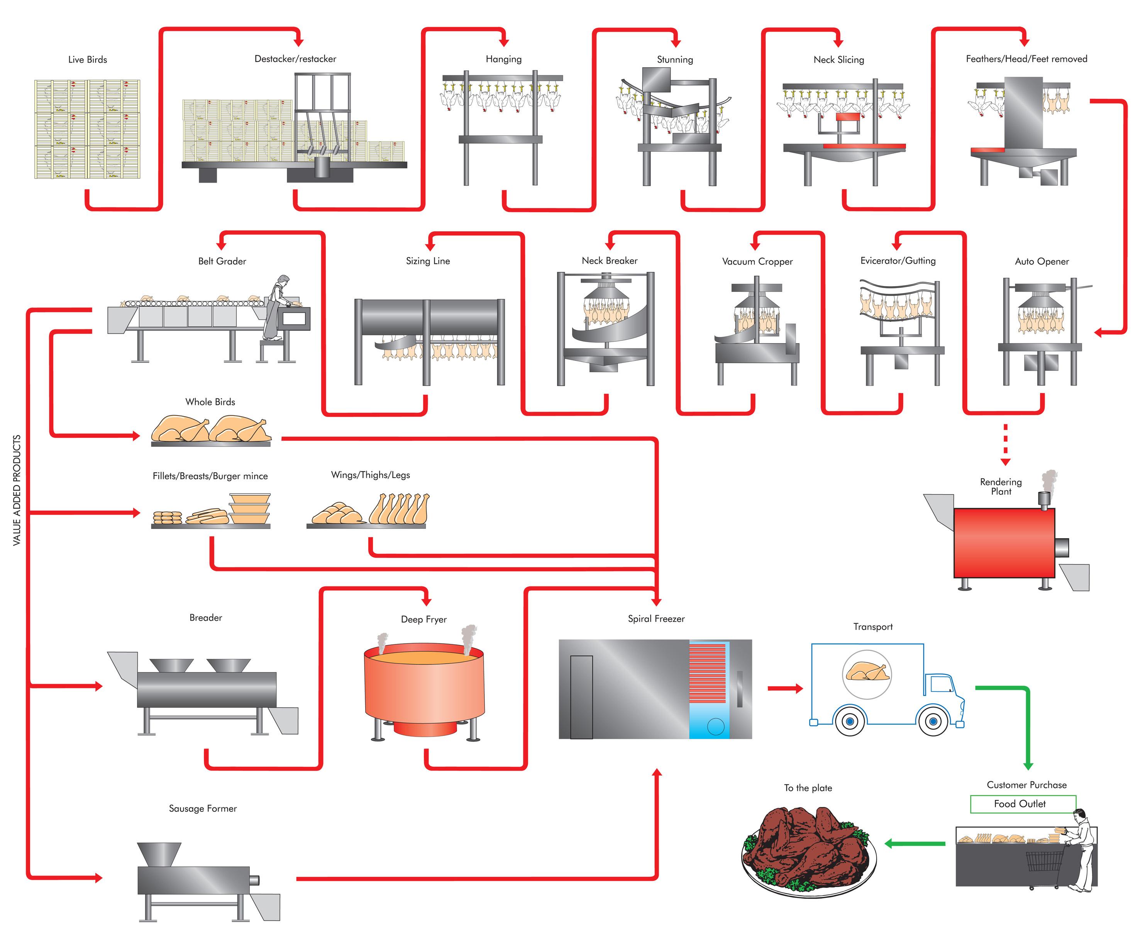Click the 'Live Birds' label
(87, 59)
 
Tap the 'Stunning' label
(674, 59)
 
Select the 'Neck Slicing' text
(838, 59)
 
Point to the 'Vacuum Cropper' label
(757, 261)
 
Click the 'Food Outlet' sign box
(1023, 804)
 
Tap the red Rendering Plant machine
(1003, 542)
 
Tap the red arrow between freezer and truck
(785, 688)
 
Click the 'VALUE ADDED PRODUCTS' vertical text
(17, 490)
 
